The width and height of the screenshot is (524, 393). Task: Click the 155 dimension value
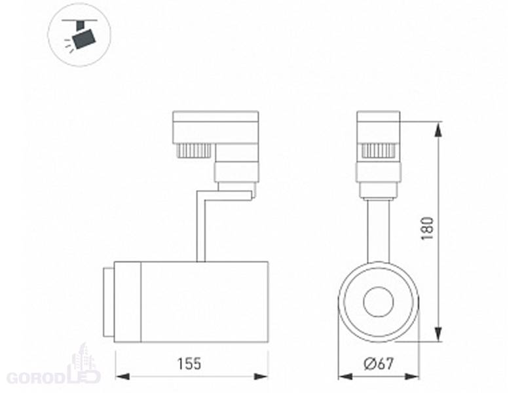pyautogui.click(x=189, y=364)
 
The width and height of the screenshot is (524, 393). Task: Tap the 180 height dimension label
pyautogui.click(x=428, y=228)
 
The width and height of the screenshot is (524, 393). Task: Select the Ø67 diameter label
pyautogui.click(x=379, y=364)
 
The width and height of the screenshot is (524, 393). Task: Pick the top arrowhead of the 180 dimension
pyautogui.click(x=438, y=129)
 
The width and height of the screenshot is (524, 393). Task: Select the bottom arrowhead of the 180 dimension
pyautogui.click(x=438, y=334)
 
